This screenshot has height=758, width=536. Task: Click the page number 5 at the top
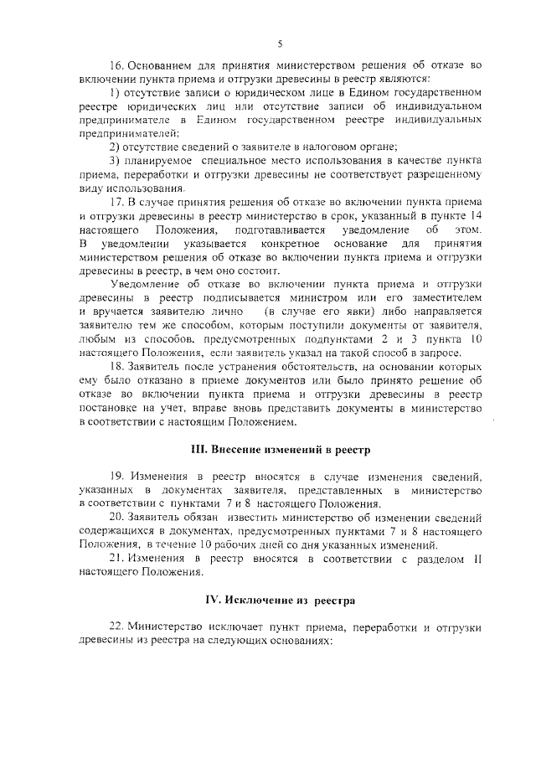(280, 44)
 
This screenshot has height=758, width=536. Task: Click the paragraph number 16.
(117, 65)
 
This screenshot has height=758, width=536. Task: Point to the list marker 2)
(116, 147)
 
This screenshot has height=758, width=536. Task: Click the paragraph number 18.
(117, 366)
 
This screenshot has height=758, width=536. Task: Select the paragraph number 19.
(117, 476)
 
